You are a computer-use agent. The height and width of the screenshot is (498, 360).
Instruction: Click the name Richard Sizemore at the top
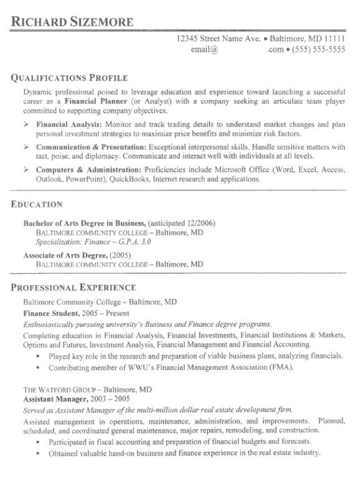72,22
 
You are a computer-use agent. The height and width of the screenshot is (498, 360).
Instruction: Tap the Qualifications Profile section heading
70,78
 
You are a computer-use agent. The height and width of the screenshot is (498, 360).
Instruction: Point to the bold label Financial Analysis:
69,125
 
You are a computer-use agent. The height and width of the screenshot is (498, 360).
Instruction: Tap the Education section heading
37,204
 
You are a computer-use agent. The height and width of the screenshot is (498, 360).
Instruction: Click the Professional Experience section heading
73,288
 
